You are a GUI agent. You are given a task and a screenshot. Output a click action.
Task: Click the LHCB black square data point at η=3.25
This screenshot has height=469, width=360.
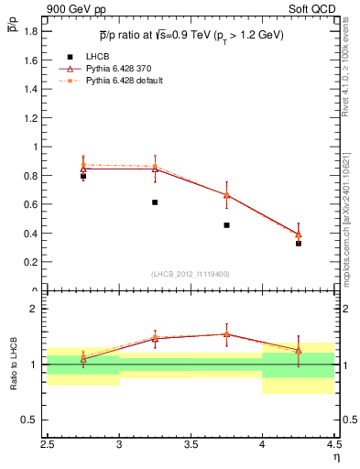click(155, 202)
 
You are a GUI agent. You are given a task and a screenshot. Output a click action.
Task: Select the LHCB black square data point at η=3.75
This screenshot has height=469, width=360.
click(226, 224)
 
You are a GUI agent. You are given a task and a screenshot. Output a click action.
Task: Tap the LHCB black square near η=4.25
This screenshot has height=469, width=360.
click(299, 244)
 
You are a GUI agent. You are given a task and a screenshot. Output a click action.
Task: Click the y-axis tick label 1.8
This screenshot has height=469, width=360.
click(29, 31)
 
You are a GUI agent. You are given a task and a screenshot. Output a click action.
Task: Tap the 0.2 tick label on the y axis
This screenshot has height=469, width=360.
click(29, 262)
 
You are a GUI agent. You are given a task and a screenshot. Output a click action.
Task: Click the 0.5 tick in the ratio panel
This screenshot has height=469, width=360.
click(29, 420)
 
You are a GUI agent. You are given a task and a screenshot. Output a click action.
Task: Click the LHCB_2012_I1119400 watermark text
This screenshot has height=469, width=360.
click(191, 274)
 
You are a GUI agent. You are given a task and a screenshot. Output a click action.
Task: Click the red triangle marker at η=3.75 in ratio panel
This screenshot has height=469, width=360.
click(226, 334)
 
